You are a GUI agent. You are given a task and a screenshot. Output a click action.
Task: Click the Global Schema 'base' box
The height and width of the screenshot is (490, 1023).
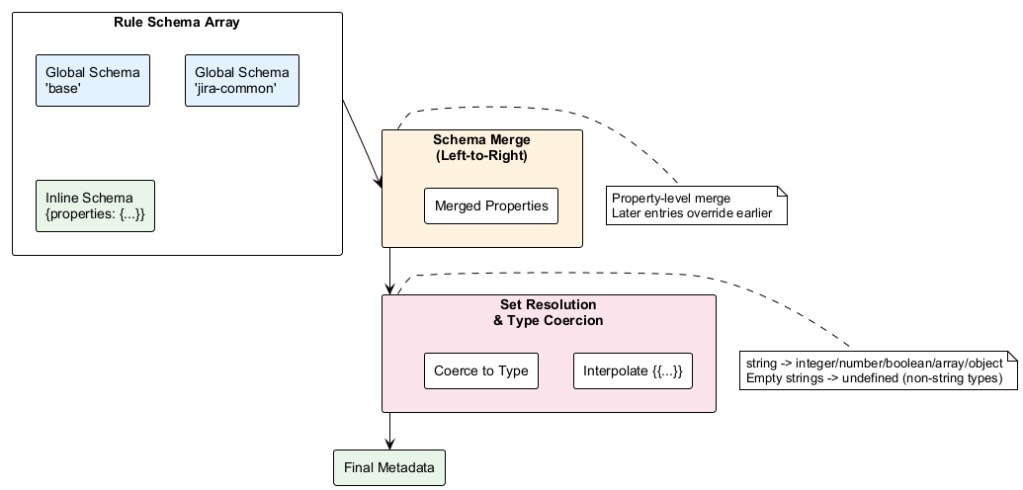pyautogui.click(x=93, y=80)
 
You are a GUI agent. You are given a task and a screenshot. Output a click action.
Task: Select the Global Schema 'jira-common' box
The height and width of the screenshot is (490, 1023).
pyautogui.click(x=242, y=80)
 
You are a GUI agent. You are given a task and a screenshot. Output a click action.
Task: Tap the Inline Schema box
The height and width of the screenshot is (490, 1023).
pyautogui.click(x=95, y=206)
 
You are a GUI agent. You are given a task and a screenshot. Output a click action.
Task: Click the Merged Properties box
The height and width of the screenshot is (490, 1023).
pyautogui.click(x=491, y=206)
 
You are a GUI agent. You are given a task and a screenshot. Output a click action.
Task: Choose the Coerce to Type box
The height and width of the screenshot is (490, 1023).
pyautogui.click(x=481, y=371)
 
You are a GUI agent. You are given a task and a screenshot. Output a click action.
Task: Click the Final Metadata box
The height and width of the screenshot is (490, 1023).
pyautogui.click(x=389, y=467)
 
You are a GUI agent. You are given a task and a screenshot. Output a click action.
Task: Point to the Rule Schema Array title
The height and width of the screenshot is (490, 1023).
pyautogui.click(x=177, y=23)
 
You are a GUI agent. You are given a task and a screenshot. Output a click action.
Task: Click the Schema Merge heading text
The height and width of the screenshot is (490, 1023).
pyautogui.click(x=481, y=140)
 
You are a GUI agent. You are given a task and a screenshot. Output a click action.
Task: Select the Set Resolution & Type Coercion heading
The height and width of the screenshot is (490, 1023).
pyautogui.click(x=548, y=312)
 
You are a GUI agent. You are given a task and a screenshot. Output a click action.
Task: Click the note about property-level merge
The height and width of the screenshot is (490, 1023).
pyautogui.click(x=696, y=205)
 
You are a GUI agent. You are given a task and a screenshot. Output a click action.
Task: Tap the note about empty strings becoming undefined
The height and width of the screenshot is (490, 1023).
pyautogui.click(x=878, y=370)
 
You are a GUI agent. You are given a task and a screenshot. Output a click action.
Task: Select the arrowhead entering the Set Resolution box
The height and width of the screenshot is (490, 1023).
pyautogui.click(x=390, y=288)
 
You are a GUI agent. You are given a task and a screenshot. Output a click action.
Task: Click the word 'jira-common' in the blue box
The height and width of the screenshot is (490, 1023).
pyautogui.click(x=235, y=88)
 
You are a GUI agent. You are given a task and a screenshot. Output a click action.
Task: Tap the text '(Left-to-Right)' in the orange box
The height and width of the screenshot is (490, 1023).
pyautogui.click(x=481, y=155)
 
